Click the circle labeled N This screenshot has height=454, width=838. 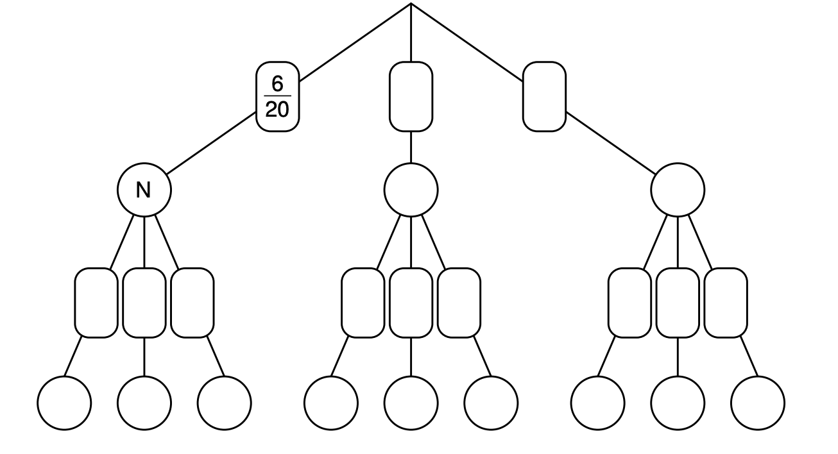(144, 190)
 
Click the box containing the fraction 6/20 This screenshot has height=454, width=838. (278, 97)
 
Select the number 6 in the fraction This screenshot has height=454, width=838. (277, 84)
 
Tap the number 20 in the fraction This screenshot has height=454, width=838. (277, 110)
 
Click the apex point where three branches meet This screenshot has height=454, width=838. (411, 4)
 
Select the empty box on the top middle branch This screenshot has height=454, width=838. (411, 97)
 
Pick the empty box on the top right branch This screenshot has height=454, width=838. (544, 97)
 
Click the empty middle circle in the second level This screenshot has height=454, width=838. (411, 190)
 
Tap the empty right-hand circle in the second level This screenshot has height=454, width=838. (678, 190)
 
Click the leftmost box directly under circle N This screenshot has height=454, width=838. (96, 303)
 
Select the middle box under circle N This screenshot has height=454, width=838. (144, 303)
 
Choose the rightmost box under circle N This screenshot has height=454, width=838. (192, 303)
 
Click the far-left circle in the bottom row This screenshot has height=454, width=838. (64, 403)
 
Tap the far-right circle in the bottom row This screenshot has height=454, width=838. (758, 403)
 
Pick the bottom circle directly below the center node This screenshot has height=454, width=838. (411, 403)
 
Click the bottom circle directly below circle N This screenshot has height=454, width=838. (144, 403)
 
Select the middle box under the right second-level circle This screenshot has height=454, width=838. (678, 303)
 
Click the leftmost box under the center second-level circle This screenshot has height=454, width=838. (363, 303)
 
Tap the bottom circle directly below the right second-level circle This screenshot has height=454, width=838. (678, 403)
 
